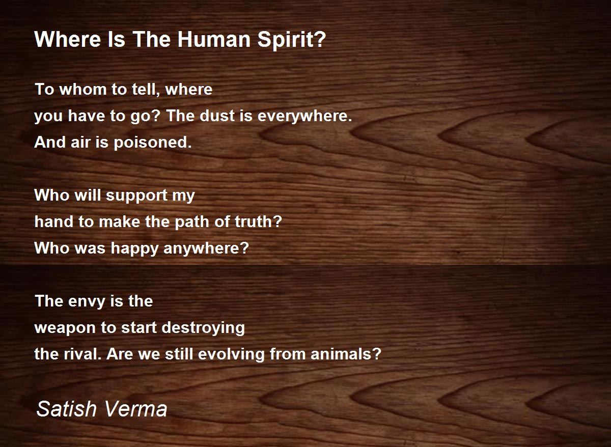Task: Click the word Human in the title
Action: [214, 39]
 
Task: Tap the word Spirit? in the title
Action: [292, 40]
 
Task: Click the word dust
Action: [217, 116]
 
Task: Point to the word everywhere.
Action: [304, 117]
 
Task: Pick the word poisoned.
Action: [153, 143]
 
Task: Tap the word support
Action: [136, 196]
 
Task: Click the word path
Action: [192, 222]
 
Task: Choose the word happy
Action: [134, 249]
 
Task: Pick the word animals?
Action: [346, 354]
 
